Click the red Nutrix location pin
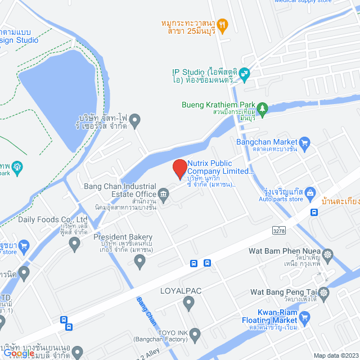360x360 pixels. pyautogui.click(x=179, y=169)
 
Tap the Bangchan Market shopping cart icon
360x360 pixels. pyautogui.click(x=305, y=142)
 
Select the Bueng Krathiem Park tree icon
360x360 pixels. pyautogui.click(x=262, y=107)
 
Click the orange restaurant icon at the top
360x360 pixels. pyautogui.click(x=222, y=25)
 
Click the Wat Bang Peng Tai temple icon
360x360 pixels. pyautogui.click(x=324, y=293)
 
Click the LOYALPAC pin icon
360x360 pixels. pyautogui.click(x=188, y=304)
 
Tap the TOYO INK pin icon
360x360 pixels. pyautogui.click(x=195, y=336)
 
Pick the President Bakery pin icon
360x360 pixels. pyautogui.click(x=140, y=260)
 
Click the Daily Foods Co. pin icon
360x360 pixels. pyautogui.click(x=74, y=244)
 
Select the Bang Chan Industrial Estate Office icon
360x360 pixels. pyautogui.click(x=164, y=195)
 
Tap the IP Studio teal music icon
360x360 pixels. pyautogui.click(x=244, y=73)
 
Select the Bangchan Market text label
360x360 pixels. pyautogui.click(x=268, y=142)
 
